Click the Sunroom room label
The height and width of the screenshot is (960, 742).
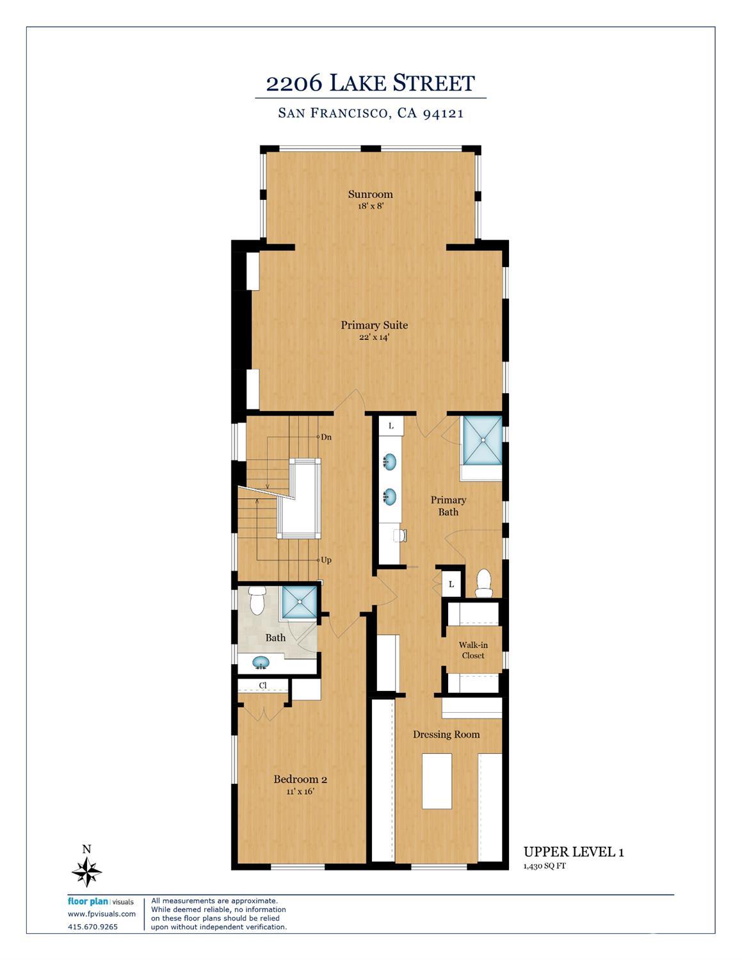370,194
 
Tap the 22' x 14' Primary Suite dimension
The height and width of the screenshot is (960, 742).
374,337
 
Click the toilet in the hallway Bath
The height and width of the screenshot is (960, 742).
257,599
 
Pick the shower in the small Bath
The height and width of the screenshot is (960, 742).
299,602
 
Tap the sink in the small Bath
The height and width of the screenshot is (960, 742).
261,662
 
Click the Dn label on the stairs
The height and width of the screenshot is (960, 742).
326,437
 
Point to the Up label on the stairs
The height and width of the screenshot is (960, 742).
326,560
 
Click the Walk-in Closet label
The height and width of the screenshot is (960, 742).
473,650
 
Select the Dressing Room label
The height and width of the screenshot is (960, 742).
446,735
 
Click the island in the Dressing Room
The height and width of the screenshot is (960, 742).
437,781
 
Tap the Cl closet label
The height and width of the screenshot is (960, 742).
263,685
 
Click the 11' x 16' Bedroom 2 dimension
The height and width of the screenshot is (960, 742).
300,792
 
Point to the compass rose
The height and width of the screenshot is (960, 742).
86,871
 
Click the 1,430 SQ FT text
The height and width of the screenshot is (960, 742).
545,866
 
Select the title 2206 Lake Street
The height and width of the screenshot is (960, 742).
370,83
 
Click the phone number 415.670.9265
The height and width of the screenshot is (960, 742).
93,927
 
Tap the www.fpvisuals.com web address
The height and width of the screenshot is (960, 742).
102,914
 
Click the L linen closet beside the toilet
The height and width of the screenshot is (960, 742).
451,584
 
